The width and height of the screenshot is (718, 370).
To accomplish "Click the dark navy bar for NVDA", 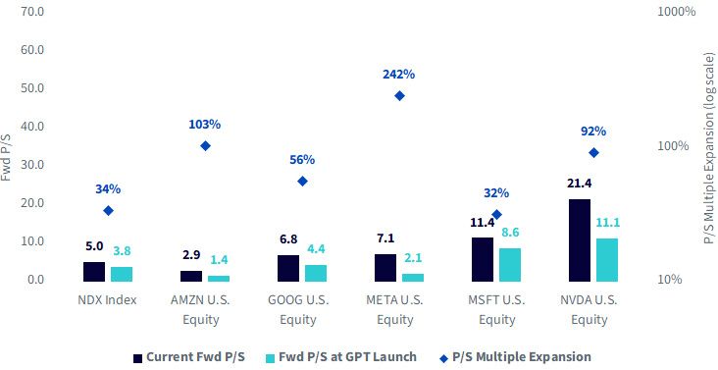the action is pos(580,240).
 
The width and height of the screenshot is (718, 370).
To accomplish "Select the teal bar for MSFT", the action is pos(510,265).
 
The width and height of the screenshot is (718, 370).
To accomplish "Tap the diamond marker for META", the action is pos(399,96).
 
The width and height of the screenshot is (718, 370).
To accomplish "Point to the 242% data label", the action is pos(399,75).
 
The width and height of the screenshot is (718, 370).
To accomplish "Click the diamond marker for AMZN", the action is pos(206,145).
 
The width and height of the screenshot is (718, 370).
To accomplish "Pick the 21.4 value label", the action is pos(579,184).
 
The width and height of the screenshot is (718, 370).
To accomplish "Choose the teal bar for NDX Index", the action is pos(122,274).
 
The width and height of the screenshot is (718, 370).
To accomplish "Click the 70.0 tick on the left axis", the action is pos(32,11).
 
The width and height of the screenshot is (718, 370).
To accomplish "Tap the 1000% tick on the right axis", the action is pos(677,11).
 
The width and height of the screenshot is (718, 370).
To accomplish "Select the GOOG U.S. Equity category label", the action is pos(298,309).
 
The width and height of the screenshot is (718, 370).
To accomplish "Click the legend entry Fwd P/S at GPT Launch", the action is pos(341,357).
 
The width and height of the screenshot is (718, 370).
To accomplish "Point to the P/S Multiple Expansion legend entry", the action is pos(515,357).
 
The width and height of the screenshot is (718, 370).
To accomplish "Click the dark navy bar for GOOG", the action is pos(288,268).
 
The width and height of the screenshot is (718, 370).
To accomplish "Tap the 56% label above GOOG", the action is pos(302,160).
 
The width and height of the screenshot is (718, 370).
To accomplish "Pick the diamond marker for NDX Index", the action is pos(108,211).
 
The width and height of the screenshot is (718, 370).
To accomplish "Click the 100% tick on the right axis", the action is pos(674,146).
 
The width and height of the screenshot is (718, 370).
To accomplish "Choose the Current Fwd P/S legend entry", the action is pos(189,357).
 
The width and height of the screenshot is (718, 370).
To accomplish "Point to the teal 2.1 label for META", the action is pos(413,258).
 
